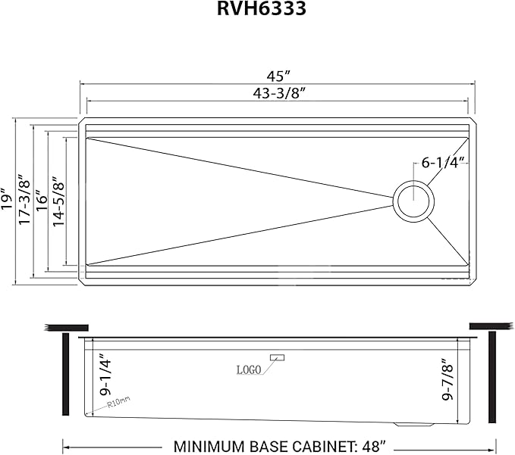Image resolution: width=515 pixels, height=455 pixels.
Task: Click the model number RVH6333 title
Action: click(x=257, y=11)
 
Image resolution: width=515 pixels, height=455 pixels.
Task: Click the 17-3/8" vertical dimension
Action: click(x=25, y=200)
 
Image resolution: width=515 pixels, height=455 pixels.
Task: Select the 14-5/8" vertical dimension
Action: click(x=57, y=201)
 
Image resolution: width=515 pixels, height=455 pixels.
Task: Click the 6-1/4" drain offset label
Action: click(x=444, y=162)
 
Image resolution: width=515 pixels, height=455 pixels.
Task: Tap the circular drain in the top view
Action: click(x=414, y=201)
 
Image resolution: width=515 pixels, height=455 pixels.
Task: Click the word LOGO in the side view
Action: click(x=249, y=369)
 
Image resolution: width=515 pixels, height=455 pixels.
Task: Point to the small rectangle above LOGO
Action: click(x=277, y=357)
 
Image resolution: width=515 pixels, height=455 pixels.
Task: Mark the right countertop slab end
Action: click(x=493, y=325)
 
